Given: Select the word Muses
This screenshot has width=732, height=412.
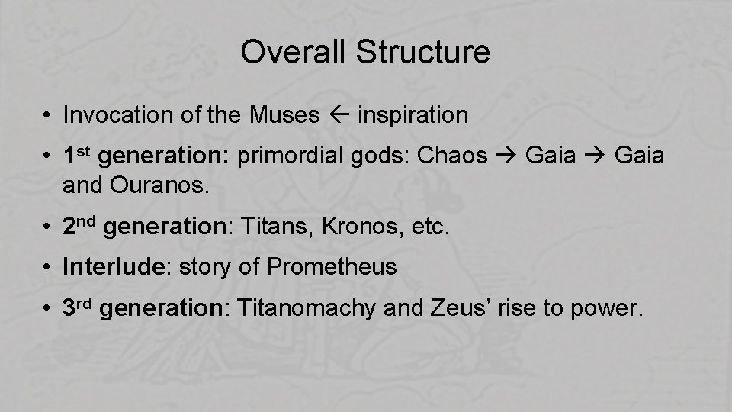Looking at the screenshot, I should click(284, 115).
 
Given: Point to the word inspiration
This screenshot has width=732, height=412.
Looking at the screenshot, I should click(413, 115).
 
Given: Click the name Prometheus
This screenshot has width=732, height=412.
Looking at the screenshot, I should click(332, 267).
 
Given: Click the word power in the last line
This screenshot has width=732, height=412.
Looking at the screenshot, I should click(609, 310).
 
